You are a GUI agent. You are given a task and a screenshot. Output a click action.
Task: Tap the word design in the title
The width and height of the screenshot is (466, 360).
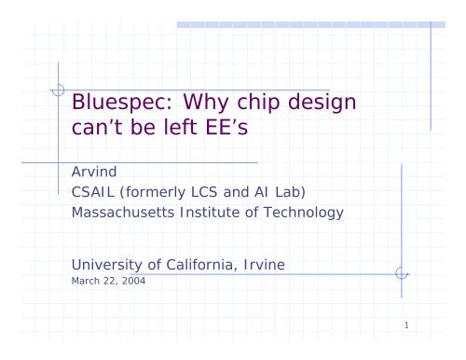(337, 104)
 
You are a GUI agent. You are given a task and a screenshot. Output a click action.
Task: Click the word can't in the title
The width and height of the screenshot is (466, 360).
(100, 132)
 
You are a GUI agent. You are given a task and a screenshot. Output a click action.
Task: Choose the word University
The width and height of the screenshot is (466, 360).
(108, 266)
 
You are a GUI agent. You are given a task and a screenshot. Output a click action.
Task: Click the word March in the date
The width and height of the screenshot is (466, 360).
(87, 283)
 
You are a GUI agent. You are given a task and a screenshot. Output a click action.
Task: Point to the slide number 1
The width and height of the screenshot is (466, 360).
(408, 325)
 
